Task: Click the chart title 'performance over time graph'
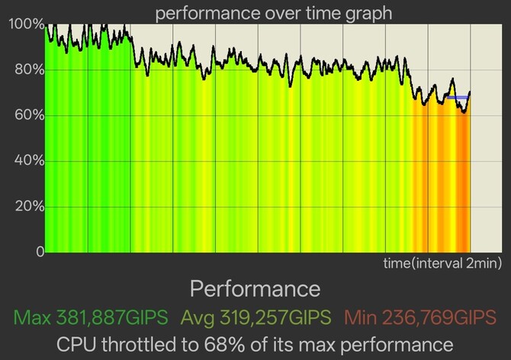(x=274, y=14)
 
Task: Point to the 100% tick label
(x=27, y=24)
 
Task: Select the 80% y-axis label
(x=29, y=69)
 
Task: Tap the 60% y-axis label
(x=29, y=115)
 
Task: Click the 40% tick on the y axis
(x=29, y=161)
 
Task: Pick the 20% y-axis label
(x=29, y=206)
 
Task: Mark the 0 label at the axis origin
(x=40, y=252)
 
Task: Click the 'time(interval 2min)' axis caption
(x=442, y=263)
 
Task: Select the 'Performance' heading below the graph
(x=256, y=289)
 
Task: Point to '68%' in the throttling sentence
(x=224, y=344)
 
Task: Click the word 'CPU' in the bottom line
(x=76, y=344)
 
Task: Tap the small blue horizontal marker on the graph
(x=458, y=98)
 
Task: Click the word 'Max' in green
(x=32, y=317)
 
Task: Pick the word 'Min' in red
(x=361, y=317)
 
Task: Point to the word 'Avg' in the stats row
(x=198, y=317)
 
